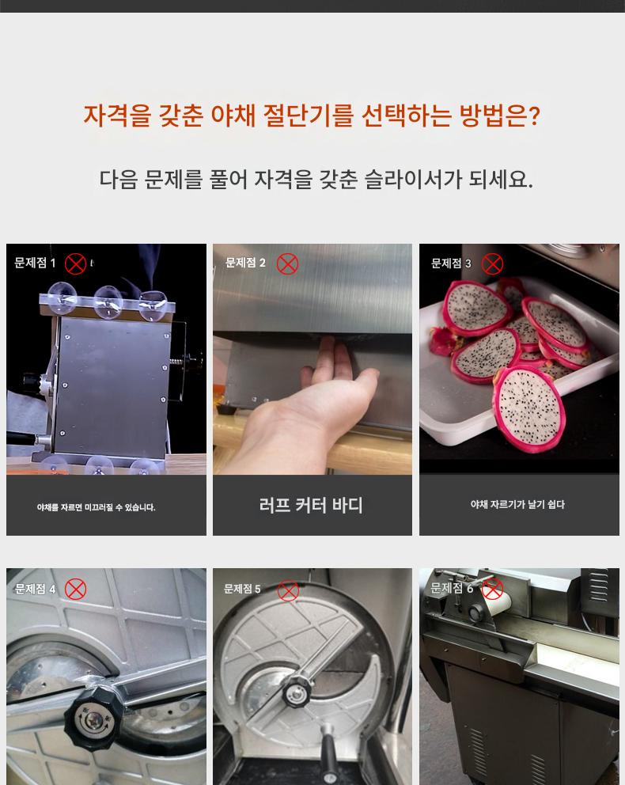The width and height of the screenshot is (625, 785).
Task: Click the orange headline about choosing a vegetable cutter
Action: (311, 116)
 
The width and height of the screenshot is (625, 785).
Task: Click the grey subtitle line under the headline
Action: (316, 179)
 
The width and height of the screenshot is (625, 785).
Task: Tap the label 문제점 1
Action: (35, 263)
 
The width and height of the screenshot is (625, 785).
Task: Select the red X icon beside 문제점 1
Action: (76, 264)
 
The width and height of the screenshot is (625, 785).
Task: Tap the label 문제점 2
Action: (246, 263)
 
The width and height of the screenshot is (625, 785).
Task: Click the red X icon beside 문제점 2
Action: (288, 264)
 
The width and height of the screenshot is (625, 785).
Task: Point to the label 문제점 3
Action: (451, 264)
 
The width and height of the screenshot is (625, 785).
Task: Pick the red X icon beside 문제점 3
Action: (492, 264)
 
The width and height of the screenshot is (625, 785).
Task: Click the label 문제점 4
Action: (35, 590)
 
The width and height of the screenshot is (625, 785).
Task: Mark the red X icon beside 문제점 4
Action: (76, 590)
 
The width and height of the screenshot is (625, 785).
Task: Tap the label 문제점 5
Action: (242, 590)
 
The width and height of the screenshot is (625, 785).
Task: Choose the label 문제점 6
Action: (452, 588)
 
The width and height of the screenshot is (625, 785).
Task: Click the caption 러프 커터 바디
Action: (311, 505)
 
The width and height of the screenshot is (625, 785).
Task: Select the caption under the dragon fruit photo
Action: (517, 505)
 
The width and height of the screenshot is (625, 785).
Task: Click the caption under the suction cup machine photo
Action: (96, 507)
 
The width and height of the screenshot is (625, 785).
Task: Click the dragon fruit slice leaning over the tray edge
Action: (529, 409)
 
